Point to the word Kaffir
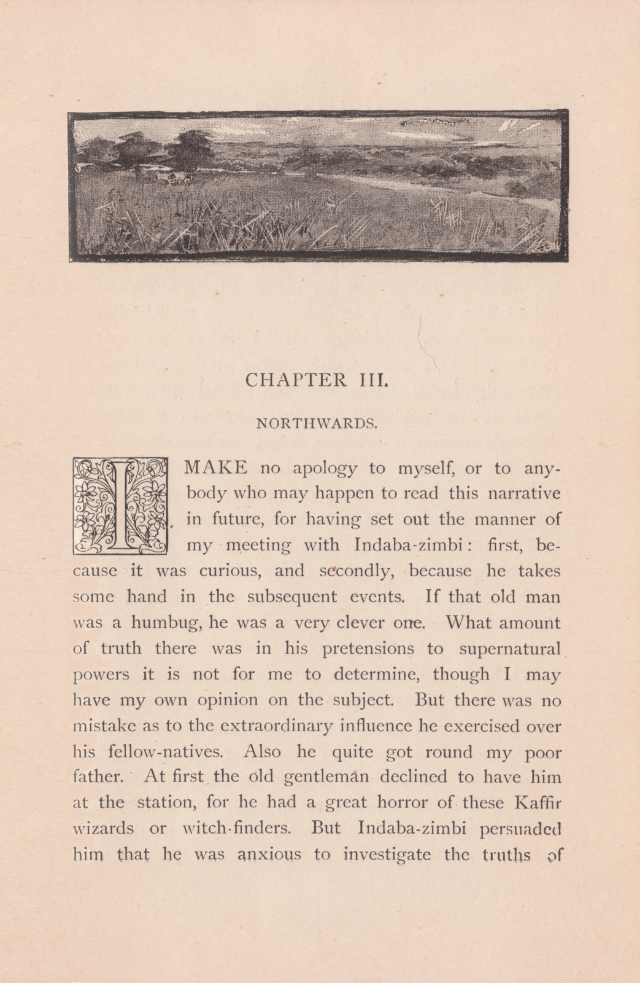pos(537,803)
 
